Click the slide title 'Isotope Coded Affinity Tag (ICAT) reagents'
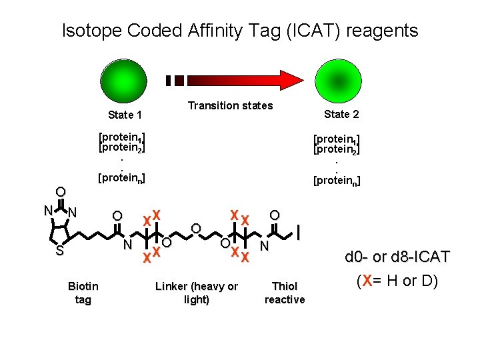coord(240,31)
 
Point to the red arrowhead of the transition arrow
coord(288,80)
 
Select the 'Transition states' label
coord(230,105)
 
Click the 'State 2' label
coord(341,114)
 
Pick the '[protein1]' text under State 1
coord(121,138)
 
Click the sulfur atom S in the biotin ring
coord(59,251)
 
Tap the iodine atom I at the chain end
coord(299,233)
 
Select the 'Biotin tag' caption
coord(83,293)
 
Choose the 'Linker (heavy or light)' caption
coord(196,293)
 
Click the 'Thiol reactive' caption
coord(285,293)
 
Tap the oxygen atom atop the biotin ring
coord(60,192)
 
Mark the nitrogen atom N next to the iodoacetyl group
coord(264,247)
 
